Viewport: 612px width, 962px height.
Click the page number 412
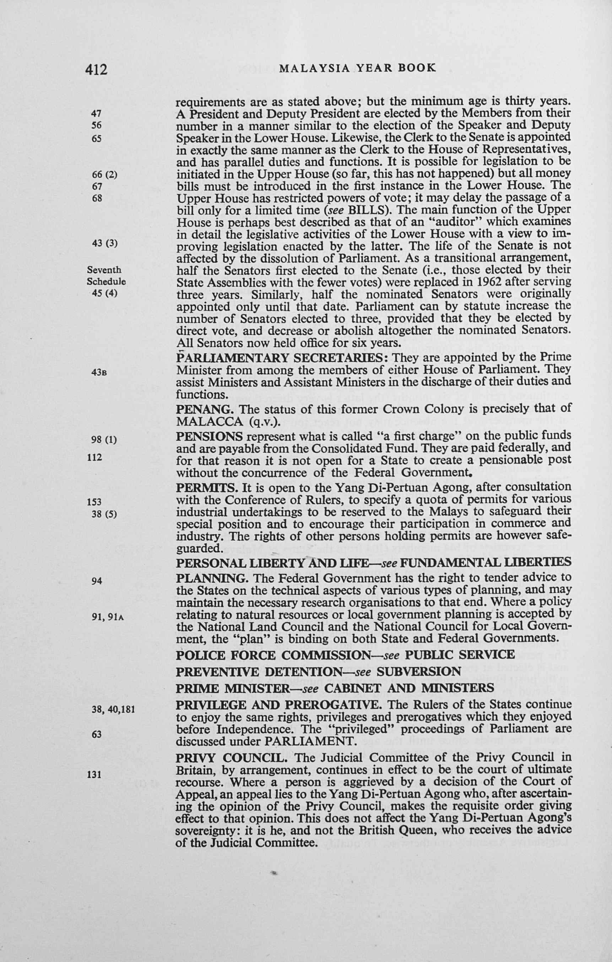tap(96, 70)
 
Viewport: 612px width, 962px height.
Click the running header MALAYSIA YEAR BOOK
tap(357, 68)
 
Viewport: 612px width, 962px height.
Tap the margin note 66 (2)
tap(104, 175)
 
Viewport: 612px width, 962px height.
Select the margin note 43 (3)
tap(104, 243)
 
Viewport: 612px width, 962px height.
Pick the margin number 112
tap(94, 457)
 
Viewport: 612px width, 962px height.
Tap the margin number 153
tap(94, 502)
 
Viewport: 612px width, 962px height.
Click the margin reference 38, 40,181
tap(113, 710)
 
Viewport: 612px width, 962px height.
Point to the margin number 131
tap(94, 774)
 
